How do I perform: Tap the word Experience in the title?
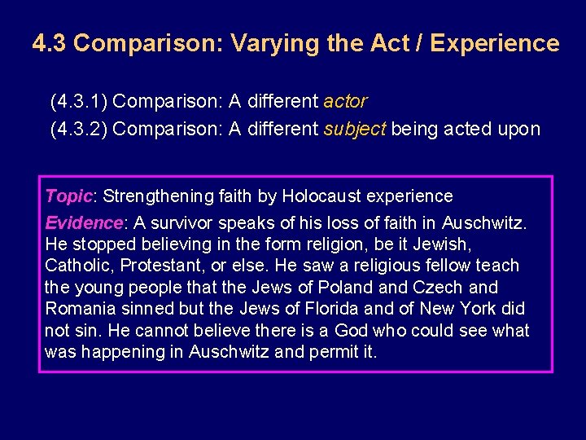pyautogui.click(x=495, y=43)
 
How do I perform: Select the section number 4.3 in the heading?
pyautogui.click(x=50, y=43)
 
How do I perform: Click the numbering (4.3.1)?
pyautogui.click(x=79, y=102)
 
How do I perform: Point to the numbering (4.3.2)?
pyautogui.click(x=79, y=129)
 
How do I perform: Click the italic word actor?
pyautogui.click(x=345, y=102)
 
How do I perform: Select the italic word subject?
pyautogui.click(x=355, y=129)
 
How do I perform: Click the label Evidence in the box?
pyautogui.click(x=84, y=223)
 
